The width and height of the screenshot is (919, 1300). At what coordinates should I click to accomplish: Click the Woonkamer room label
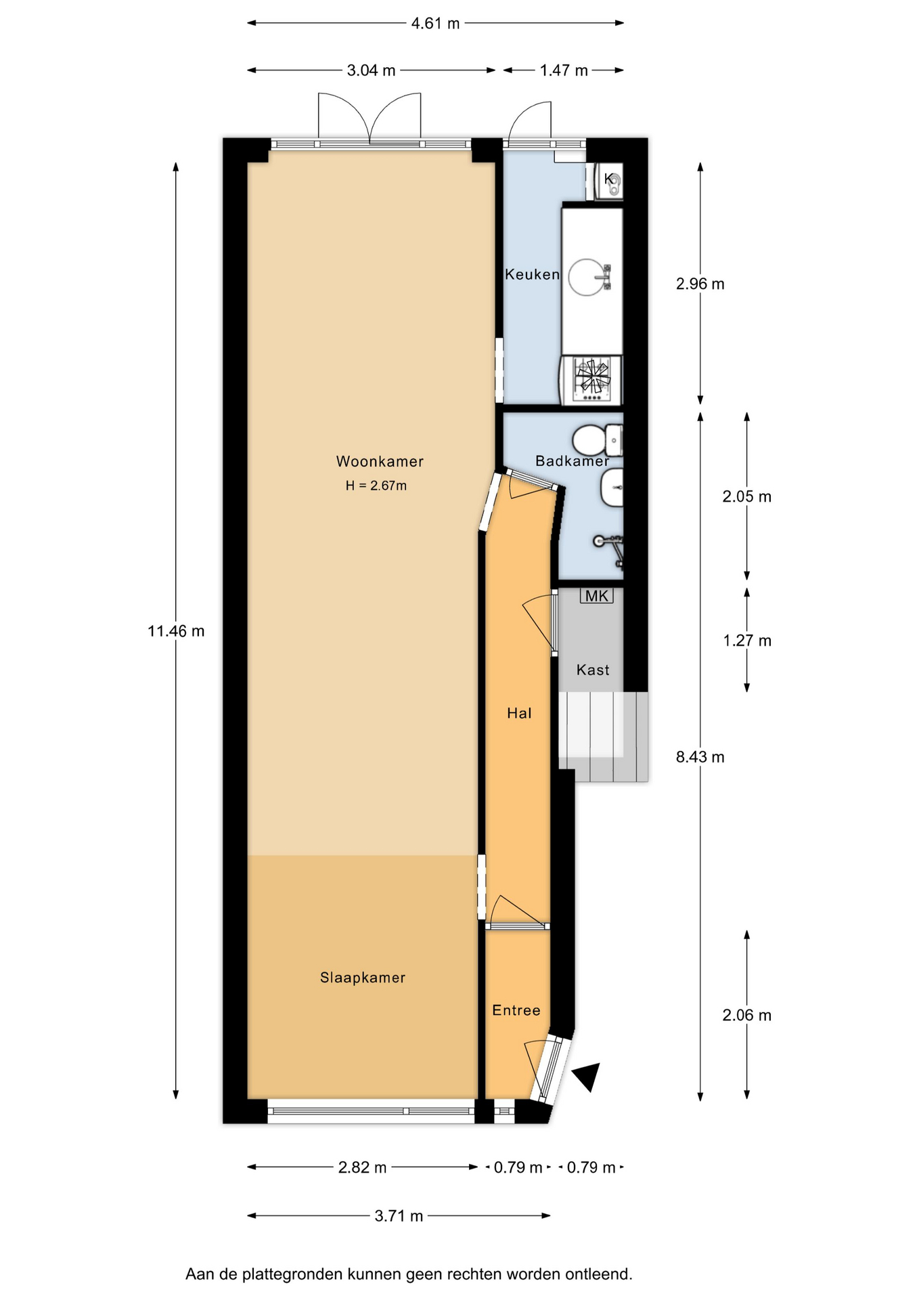click(380, 462)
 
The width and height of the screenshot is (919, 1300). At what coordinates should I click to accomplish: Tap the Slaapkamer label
click(363, 978)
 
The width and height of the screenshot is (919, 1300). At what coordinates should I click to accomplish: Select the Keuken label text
click(532, 274)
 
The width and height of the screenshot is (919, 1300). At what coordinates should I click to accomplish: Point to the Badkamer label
click(572, 461)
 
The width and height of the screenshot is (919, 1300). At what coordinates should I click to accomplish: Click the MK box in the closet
click(597, 596)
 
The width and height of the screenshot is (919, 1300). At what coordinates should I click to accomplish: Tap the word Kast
click(593, 670)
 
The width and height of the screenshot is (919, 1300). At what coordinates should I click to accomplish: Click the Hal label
click(519, 713)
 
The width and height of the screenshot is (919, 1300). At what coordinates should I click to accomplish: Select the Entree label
click(516, 1010)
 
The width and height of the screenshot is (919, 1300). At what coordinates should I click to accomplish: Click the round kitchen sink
click(586, 278)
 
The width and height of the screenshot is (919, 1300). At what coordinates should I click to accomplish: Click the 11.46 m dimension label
click(176, 631)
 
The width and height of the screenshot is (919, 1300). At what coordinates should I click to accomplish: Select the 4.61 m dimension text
click(435, 24)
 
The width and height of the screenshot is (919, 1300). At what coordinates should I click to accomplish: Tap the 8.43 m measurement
click(700, 757)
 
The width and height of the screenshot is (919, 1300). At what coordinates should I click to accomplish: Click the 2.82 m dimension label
click(362, 1167)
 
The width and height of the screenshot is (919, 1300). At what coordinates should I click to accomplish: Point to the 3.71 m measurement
click(399, 1216)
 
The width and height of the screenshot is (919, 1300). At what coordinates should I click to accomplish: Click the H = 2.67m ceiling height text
click(376, 485)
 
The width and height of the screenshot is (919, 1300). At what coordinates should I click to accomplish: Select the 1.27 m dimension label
click(747, 641)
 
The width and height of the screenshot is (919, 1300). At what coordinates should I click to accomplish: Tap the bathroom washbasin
click(612, 488)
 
